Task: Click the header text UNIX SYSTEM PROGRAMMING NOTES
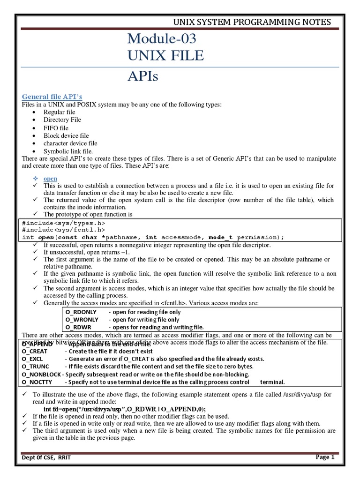[x=252, y=22]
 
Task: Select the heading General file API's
[x=52, y=97]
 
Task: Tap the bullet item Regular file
[x=59, y=112]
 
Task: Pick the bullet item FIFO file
[x=56, y=128]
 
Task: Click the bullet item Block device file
[x=66, y=135]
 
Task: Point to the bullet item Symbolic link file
[x=68, y=151]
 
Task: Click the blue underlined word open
[x=50, y=179]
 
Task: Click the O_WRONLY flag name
[x=82, y=319]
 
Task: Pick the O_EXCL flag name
[x=34, y=359]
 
